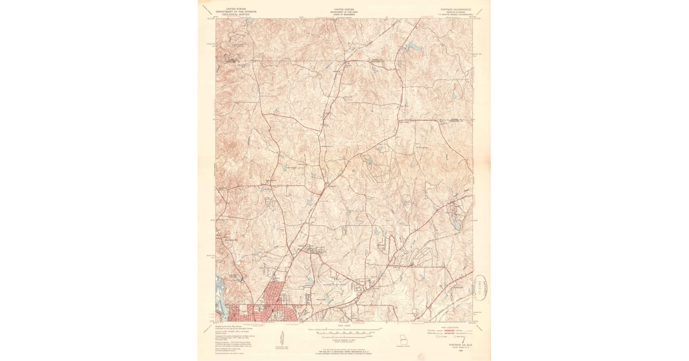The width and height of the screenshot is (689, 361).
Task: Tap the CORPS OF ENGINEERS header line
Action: coord(344,14)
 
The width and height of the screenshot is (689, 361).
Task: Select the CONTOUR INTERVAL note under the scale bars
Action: coord(344,339)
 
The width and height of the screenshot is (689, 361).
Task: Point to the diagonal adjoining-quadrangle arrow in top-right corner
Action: coord(479,12)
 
